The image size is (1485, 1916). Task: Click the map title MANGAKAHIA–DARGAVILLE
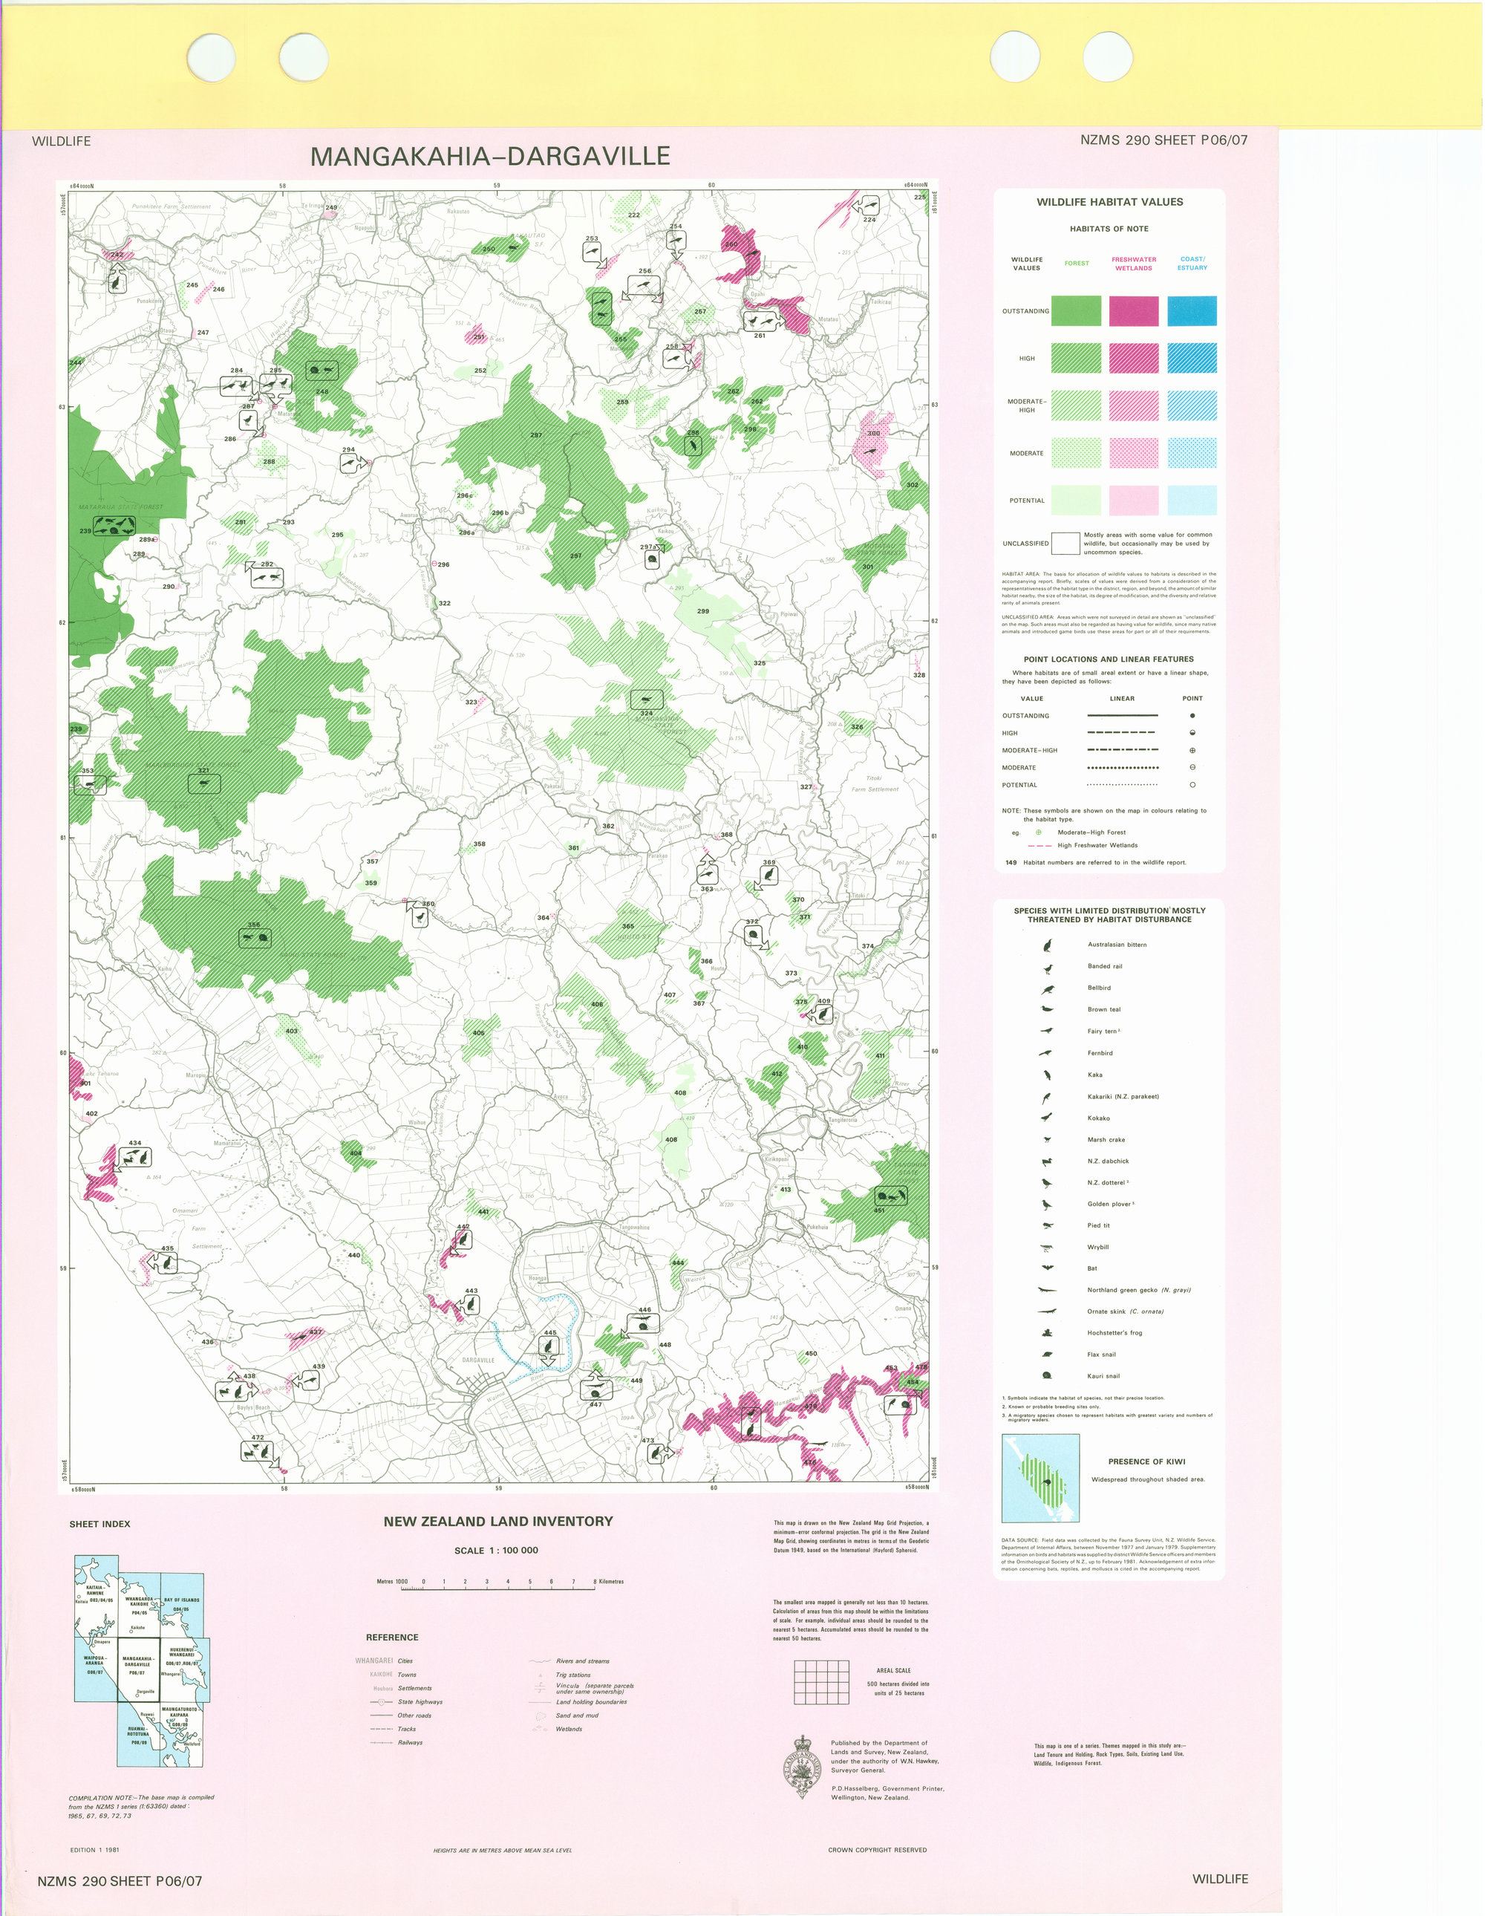[490, 156]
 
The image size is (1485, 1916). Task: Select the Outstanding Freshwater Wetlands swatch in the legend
[1133, 310]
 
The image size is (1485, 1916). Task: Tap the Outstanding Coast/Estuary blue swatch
[1192, 310]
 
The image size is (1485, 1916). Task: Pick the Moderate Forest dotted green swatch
[1076, 453]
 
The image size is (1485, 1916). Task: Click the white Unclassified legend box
[1065, 543]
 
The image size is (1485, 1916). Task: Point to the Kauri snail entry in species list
[1103, 1375]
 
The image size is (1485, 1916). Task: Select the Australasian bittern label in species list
[1117, 945]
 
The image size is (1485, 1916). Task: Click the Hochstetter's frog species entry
[1114, 1332]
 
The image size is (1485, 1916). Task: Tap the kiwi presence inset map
[1040, 1479]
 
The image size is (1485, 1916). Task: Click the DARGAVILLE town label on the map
[478, 1360]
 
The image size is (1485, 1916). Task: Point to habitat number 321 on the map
[203, 770]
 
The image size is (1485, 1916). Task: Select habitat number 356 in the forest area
[253, 925]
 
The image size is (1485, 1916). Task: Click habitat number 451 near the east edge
[880, 1210]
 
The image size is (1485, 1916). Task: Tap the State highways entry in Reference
[420, 1702]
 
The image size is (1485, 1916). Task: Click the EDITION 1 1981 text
[95, 1850]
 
